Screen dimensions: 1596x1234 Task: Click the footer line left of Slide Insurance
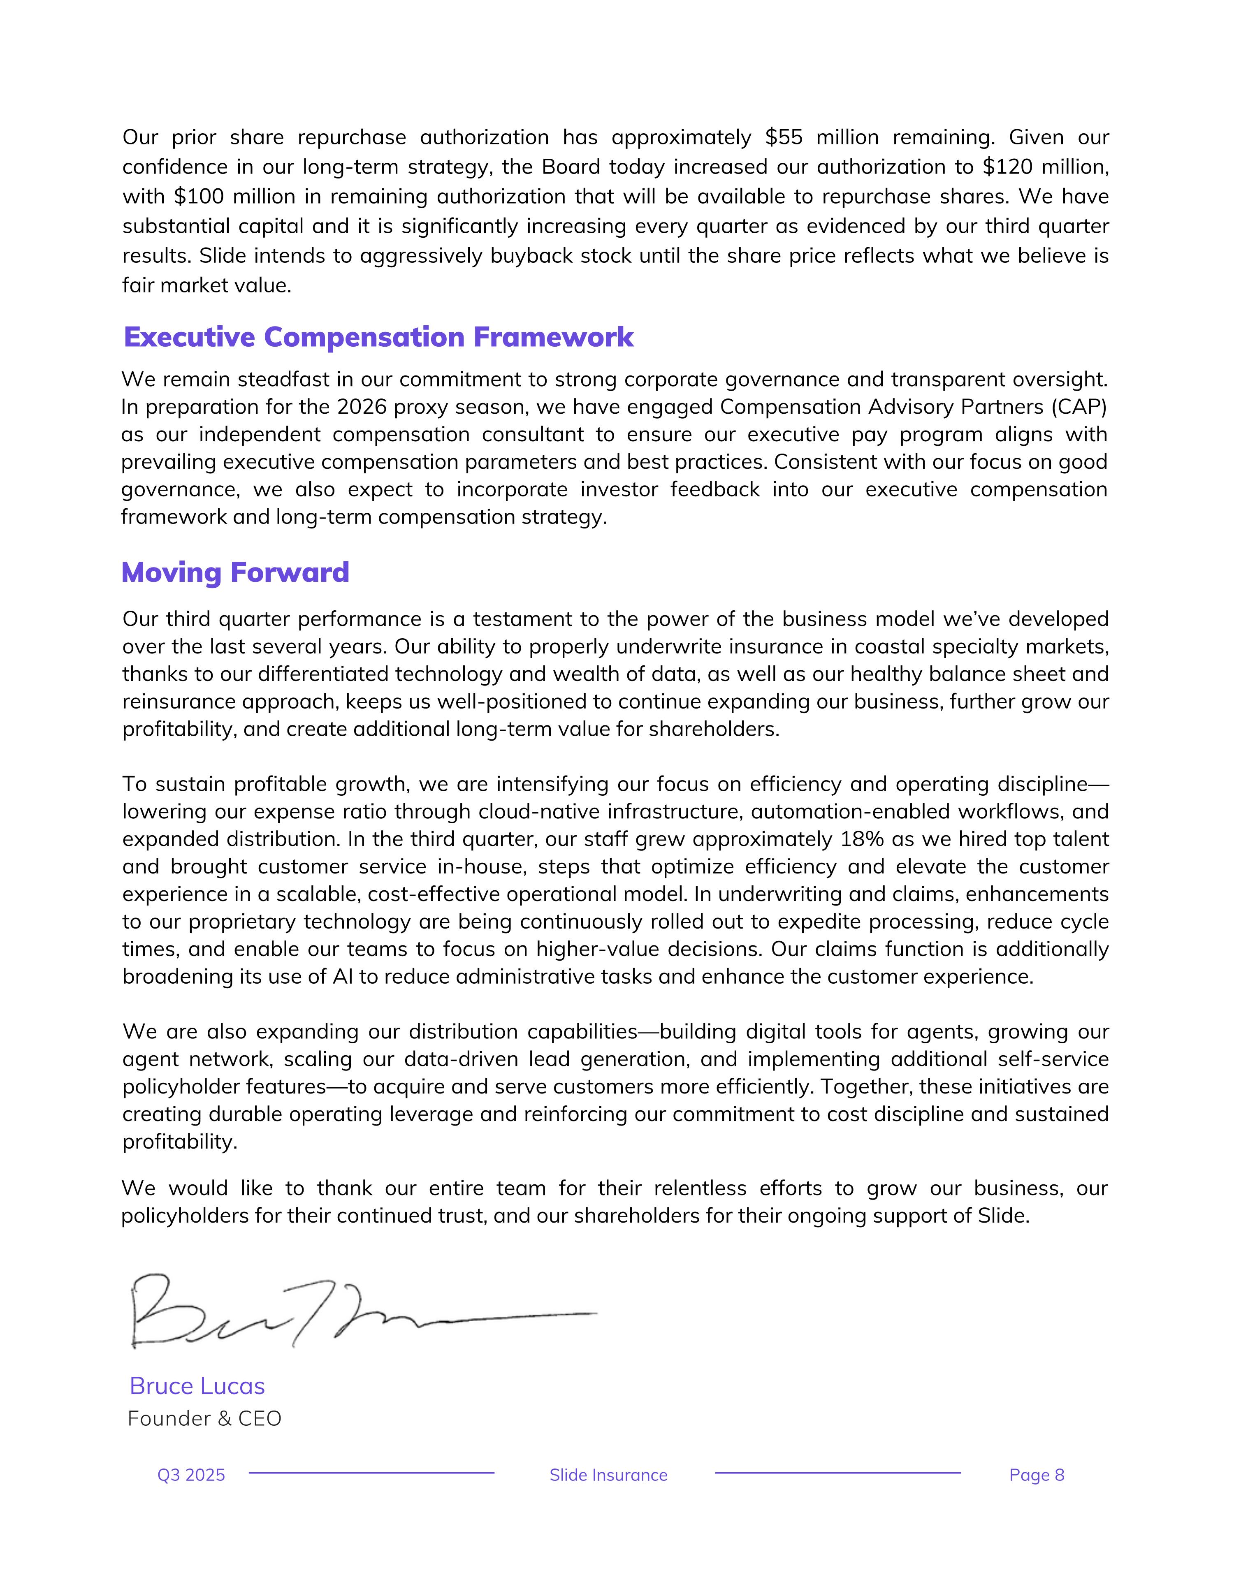371,1473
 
